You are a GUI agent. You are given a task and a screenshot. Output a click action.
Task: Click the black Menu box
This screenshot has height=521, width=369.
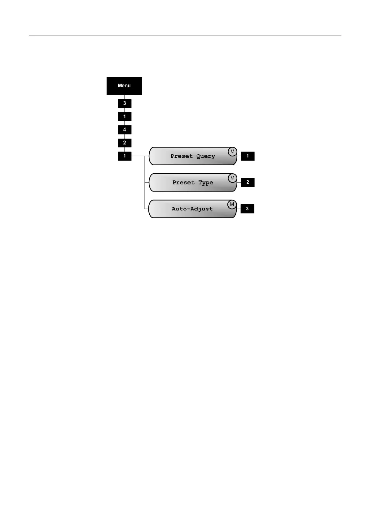point(124,86)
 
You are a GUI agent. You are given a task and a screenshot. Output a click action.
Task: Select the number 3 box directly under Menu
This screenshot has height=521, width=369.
point(125,103)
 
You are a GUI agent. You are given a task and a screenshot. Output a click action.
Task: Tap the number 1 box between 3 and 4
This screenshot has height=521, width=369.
point(125,117)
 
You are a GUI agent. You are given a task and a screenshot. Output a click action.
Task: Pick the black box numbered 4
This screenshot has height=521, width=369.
point(125,130)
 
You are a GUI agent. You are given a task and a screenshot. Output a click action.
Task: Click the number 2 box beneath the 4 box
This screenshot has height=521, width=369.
point(125,143)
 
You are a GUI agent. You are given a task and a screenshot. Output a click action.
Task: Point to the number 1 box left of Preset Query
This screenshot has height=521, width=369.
point(125,156)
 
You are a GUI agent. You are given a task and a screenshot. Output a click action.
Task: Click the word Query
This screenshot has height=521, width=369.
point(205,156)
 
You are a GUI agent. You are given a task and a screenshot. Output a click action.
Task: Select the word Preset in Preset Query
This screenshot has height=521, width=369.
point(182,156)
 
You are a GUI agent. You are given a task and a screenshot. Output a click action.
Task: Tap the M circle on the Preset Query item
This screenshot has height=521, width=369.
point(232,152)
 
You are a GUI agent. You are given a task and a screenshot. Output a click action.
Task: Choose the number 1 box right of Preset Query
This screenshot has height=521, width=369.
point(248,156)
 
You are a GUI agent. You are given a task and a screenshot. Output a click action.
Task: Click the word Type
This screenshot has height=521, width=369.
point(206,183)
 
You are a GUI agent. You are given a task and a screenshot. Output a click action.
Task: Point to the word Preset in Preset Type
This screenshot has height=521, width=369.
point(183,183)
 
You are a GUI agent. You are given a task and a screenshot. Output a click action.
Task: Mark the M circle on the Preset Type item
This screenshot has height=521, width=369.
point(232,178)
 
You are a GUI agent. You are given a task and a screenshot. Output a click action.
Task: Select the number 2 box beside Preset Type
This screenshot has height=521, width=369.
point(248,182)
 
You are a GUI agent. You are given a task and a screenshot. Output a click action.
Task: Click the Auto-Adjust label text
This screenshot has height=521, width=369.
point(192,209)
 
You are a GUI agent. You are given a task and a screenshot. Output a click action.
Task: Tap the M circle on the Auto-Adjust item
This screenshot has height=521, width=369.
point(232,204)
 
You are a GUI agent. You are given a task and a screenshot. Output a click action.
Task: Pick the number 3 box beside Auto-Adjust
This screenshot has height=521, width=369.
point(247,209)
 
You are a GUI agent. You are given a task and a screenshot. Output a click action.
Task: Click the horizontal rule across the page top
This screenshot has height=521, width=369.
point(185,36)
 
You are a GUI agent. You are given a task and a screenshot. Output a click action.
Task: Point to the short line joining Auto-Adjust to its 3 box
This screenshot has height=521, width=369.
point(239,209)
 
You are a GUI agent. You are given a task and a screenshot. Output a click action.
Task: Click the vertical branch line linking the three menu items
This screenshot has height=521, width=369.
point(145,183)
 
